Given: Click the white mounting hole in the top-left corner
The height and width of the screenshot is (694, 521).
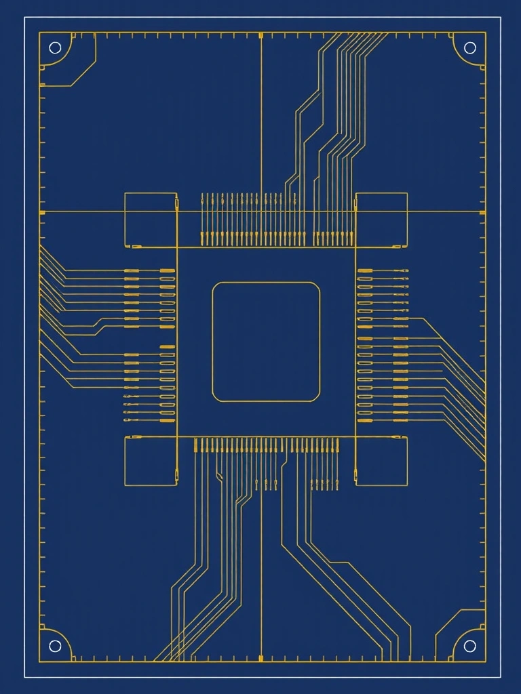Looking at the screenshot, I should pos(55,47).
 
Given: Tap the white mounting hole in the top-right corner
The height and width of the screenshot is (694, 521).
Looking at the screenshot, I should pos(469,47).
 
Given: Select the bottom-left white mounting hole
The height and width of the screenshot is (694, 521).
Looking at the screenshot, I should pos(55,646).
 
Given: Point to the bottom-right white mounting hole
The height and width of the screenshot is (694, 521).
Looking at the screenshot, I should pos(469,646).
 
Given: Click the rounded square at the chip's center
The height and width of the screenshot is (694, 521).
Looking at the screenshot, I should pos(266,342).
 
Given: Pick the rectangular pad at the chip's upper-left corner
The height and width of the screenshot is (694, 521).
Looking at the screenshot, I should pos(151,220).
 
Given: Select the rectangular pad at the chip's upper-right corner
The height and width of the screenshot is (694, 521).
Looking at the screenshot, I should pos(382,220).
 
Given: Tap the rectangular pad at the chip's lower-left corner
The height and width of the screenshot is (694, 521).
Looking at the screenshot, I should pos(151,461).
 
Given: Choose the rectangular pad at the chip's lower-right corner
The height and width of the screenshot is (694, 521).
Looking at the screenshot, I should pos(382,461).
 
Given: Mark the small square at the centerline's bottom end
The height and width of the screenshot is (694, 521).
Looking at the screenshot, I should pos(261,657).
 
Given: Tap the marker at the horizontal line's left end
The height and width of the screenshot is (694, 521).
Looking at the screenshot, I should pos(42,212).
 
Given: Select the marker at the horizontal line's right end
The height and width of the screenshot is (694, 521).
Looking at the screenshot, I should pos(482,212).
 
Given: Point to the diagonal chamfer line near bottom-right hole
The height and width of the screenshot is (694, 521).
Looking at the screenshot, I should pos(448,622).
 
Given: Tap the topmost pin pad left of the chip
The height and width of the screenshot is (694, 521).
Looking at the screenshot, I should pos(167,271).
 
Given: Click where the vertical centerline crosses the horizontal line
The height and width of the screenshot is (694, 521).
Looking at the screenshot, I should pos(261,212).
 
